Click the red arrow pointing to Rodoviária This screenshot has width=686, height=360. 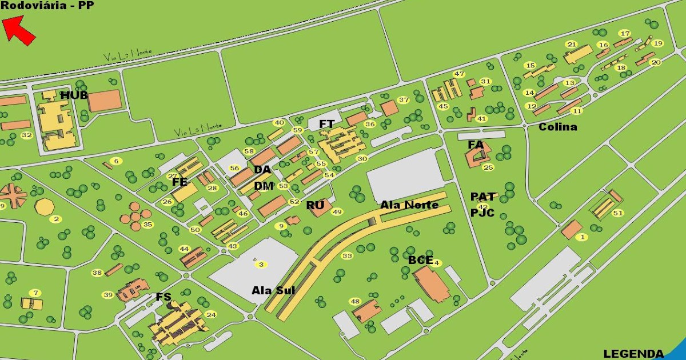[x=19, y=29]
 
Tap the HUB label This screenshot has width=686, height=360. [x=74, y=95]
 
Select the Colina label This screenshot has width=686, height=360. [x=557, y=127]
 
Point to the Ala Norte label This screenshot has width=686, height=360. [x=409, y=205]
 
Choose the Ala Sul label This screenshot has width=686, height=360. [x=273, y=290]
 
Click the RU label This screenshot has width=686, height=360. [x=315, y=205]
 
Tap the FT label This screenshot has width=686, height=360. [x=326, y=124]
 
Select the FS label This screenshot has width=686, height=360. [x=163, y=297]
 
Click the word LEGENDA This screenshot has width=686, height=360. [x=633, y=354]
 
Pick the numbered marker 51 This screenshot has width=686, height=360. [x=617, y=213]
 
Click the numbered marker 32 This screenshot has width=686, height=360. [x=26, y=135]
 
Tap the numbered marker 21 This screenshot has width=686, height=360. [x=571, y=45]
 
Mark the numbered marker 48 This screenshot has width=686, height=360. [x=356, y=302]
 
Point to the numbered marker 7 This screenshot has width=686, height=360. [x=36, y=293]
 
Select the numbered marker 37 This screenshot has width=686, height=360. [x=404, y=100]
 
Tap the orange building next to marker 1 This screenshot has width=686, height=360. [x=571, y=229]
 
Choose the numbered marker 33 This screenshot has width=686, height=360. [x=347, y=255]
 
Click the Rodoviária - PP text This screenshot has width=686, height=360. [x=47, y=6]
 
